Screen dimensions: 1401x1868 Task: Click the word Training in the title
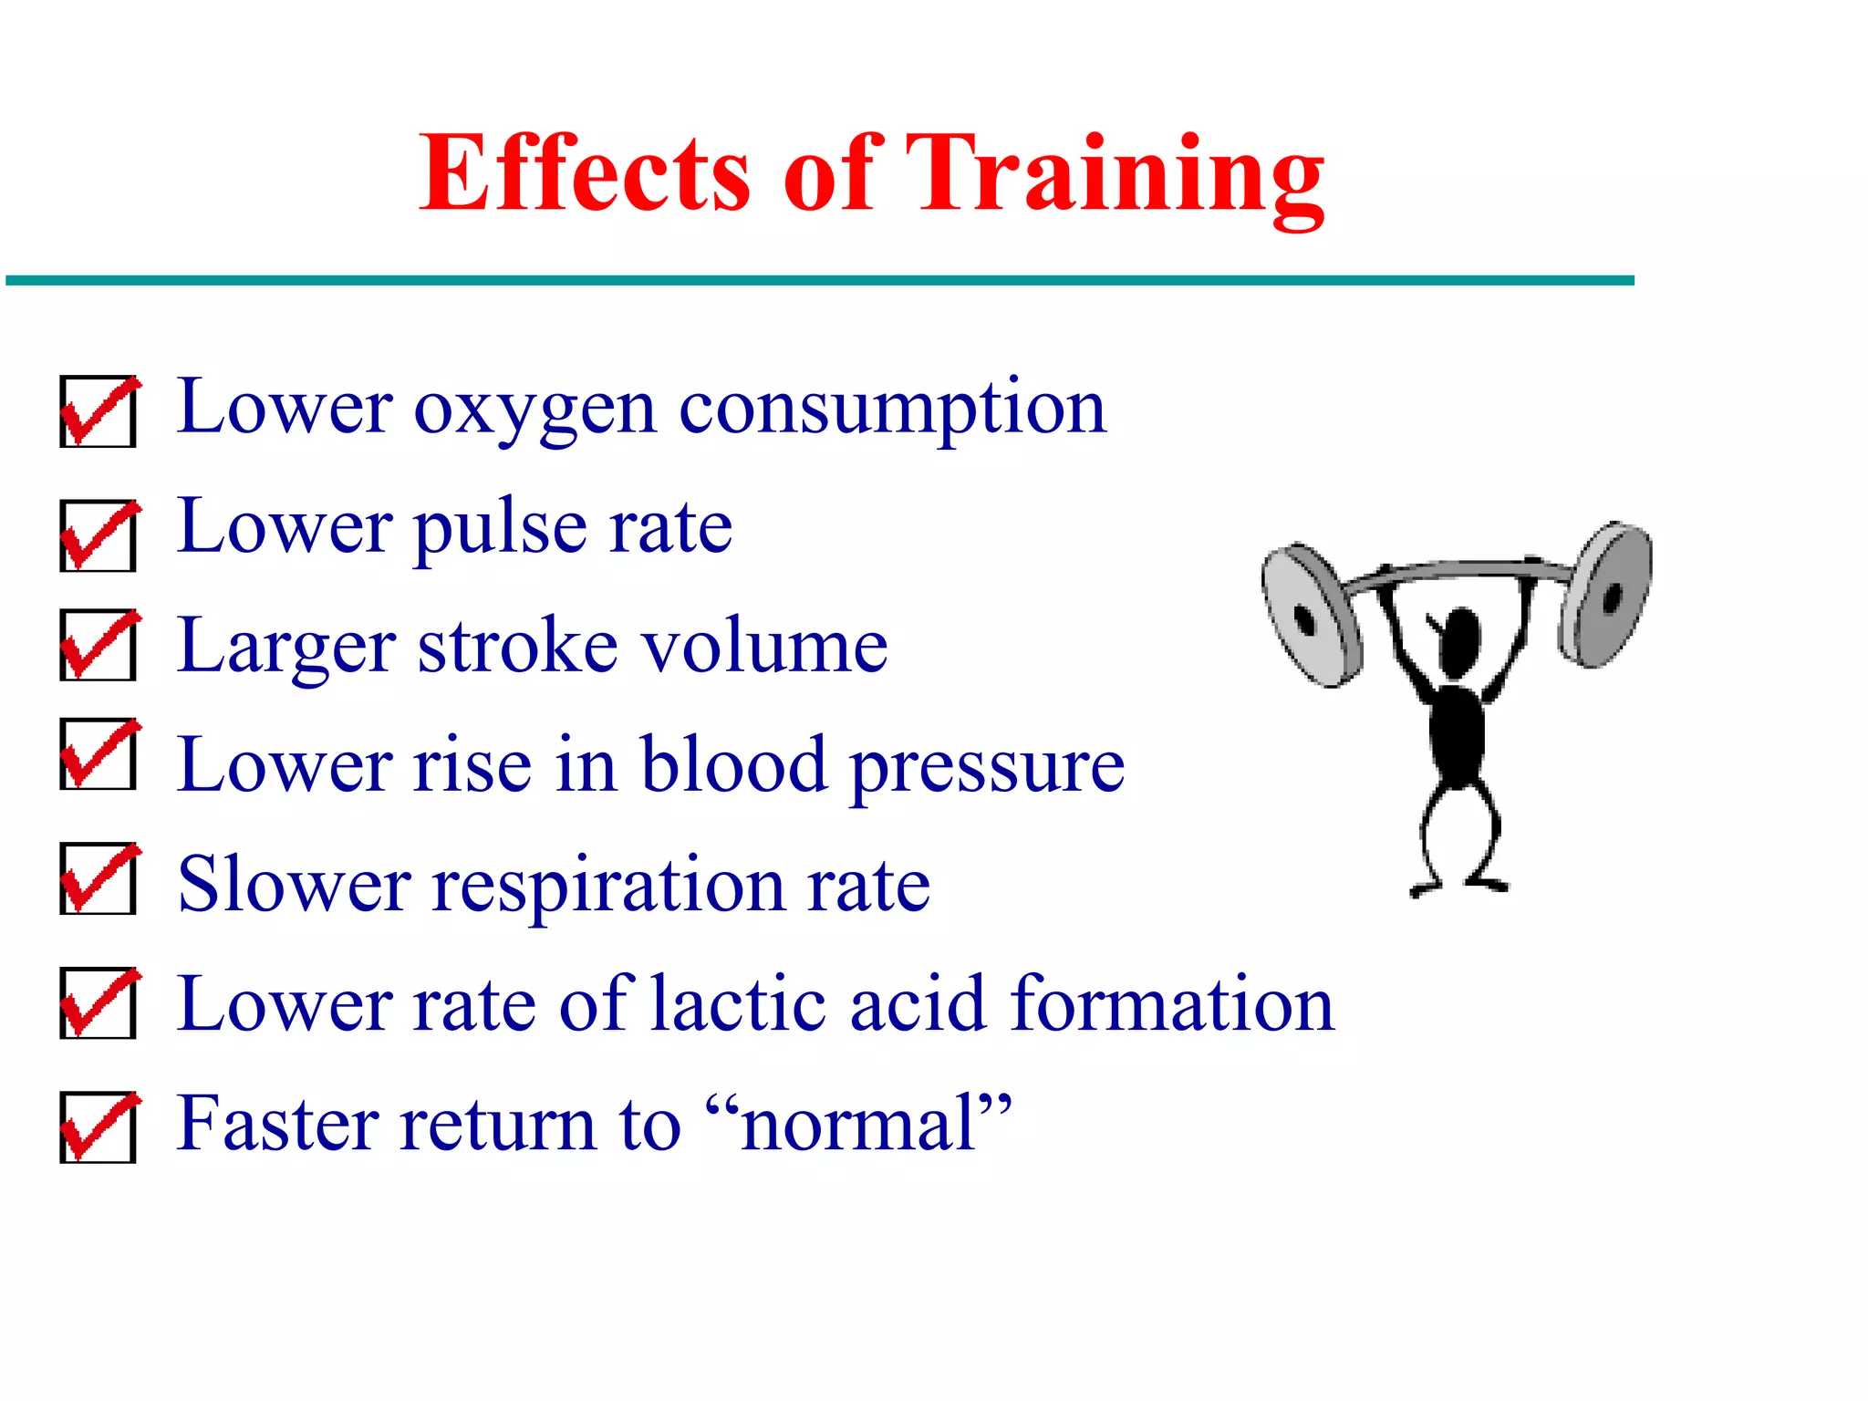[x=1115, y=173]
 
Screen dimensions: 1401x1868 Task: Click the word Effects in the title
[x=584, y=173]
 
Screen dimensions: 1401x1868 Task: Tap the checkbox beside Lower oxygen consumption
[x=98, y=411]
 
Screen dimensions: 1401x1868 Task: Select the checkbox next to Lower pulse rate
[x=98, y=535]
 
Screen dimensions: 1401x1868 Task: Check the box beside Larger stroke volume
[x=98, y=645]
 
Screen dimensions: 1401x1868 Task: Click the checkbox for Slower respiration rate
[x=98, y=878]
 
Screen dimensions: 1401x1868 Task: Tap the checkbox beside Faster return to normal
[x=98, y=1127]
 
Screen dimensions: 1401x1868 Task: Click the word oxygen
[x=534, y=409]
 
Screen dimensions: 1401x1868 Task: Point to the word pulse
[x=500, y=529]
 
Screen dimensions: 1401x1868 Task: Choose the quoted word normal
[x=857, y=1124]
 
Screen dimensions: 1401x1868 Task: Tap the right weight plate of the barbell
[x=1607, y=595]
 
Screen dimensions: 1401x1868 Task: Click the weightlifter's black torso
[x=1456, y=730]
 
